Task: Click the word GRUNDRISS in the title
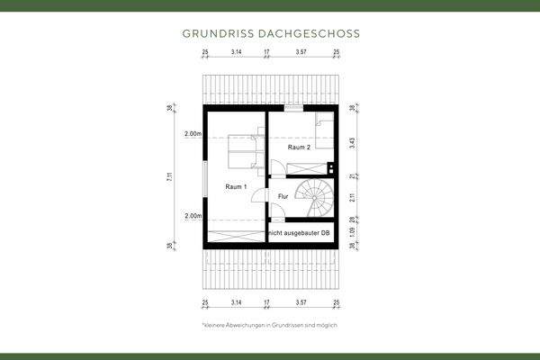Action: click(214, 34)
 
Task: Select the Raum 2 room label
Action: click(299, 147)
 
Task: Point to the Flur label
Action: click(283, 195)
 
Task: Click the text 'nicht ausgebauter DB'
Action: click(301, 233)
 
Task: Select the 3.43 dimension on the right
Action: click(352, 142)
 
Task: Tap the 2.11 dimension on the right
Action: click(352, 198)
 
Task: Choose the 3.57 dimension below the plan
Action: click(301, 303)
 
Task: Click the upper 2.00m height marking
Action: click(192, 134)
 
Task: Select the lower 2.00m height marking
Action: click(192, 216)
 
